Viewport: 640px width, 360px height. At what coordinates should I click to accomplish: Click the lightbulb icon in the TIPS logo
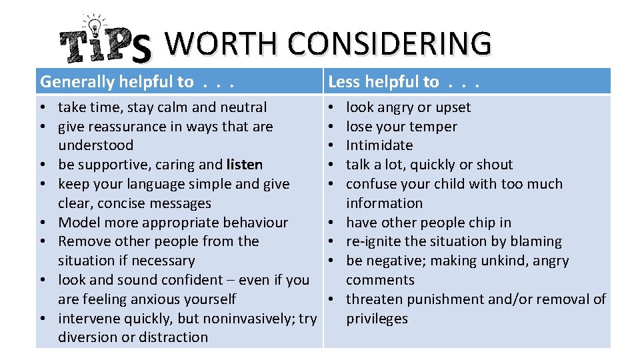(x=93, y=25)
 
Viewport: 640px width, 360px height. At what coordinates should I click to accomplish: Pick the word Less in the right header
(x=345, y=82)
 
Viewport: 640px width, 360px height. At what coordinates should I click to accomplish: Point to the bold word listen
(x=245, y=165)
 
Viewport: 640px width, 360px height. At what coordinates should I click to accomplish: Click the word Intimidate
(x=379, y=145)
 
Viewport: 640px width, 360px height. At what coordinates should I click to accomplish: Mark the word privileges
(x=377, y=319)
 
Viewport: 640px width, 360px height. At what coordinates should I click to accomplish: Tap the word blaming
(x=535, y=241)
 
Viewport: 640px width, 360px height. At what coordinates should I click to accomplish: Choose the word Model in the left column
(x=78, y=223)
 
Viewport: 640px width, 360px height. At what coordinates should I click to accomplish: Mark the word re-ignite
(x=375, y=241)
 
